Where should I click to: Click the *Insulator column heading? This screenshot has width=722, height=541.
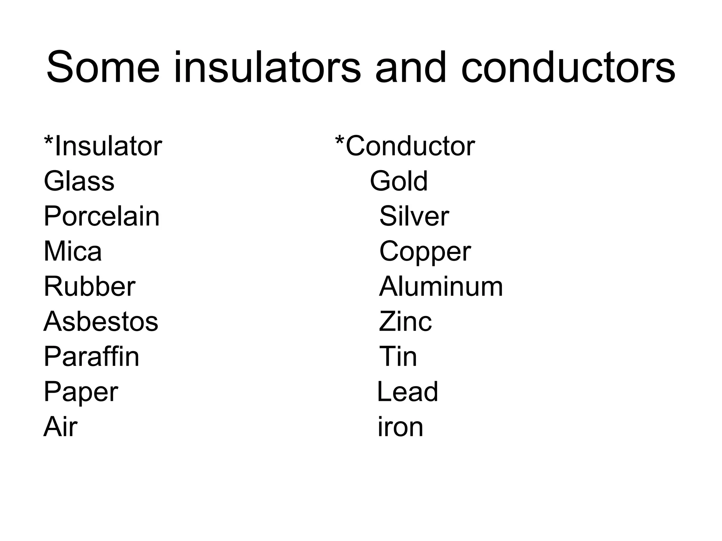[103, 146]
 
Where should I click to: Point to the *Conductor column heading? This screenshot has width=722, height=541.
[405, 146]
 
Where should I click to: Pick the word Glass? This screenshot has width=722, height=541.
[79, 181]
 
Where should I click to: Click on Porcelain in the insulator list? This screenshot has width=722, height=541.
[102, 216]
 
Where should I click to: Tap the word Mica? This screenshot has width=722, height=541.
[73, 251]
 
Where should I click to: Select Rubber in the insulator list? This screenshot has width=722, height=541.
[89, 286]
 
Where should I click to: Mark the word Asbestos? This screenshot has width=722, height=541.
[101, 322]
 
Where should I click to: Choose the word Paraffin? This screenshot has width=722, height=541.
[91, 356]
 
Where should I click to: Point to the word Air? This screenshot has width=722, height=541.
[60, 427]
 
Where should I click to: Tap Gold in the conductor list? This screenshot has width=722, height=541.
[399, 181]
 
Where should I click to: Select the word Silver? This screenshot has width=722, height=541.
[414, 216]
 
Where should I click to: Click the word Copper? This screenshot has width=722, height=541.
[425, 252]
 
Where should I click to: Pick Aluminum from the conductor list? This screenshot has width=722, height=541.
[441, 286]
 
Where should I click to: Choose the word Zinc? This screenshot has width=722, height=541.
[405, 322]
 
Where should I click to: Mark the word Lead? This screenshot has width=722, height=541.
[408, 392]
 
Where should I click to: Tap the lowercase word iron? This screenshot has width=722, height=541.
[400, 427]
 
